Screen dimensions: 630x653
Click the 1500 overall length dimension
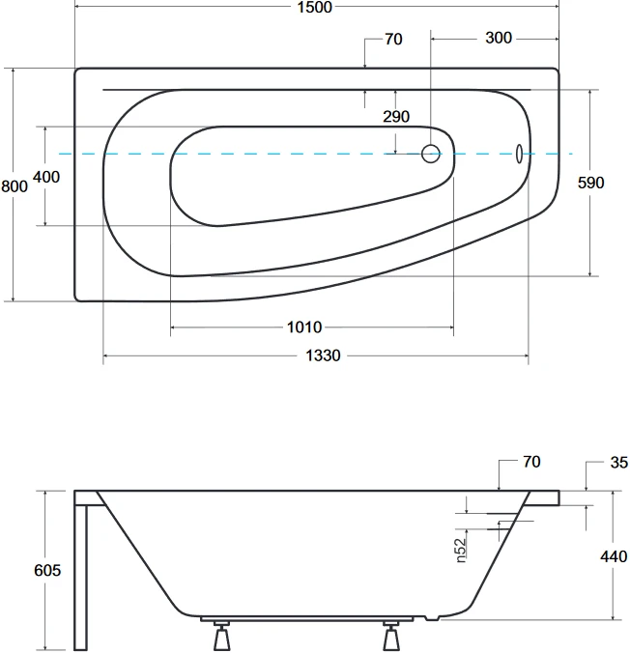pos(315,7)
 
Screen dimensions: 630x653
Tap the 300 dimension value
pos(499,38)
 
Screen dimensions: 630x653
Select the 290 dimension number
pos(396,117)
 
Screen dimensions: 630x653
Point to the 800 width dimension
pos(14,186)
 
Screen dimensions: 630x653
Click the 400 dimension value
pos(46,177)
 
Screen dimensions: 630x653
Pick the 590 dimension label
pos(590,183)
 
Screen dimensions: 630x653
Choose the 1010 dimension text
pos(304,327)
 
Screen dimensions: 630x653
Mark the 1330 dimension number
pos(323,355)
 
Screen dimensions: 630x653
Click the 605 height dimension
pos(47,570)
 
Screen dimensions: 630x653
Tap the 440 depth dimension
pos(614,556)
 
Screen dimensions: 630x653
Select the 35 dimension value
pos(619,463)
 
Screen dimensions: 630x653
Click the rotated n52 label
pos(460,551)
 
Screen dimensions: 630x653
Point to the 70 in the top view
pos(394,40)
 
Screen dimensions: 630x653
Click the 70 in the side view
pos(531,462)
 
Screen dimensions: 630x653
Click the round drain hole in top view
pos(430,154)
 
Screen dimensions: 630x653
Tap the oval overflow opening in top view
pos(519,154)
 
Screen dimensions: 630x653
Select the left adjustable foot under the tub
pos(221,636)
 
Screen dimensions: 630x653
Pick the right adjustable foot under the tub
pos(391,636)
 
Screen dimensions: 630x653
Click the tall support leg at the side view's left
pos(81,578)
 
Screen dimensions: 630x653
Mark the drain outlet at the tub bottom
pos(432,618)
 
